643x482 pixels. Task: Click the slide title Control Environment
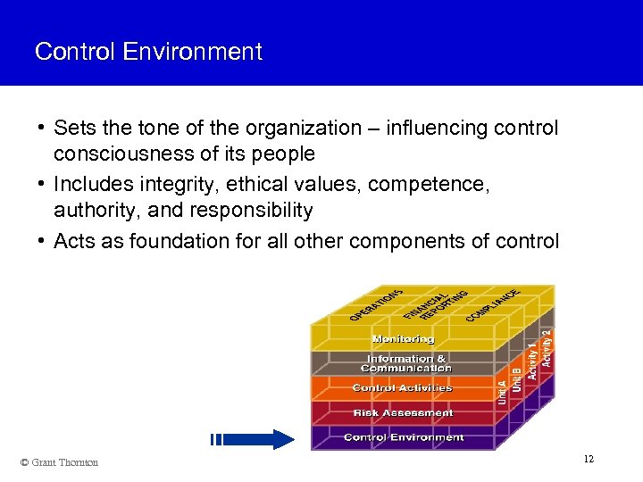pos(148,52)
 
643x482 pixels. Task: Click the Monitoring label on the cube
pos(403,339)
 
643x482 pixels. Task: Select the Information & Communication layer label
pos(405,363)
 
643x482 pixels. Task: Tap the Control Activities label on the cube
pos(403,388)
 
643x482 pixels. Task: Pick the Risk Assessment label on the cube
pos(403,413)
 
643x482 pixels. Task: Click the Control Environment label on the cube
pos(404,437)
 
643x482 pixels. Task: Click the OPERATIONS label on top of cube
pos(376,304)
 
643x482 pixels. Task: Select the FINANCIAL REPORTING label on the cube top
pos(435,303)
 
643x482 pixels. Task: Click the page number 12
pos(588,459)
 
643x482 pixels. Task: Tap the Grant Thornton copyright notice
pos(59,462)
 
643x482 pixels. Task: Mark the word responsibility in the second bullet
pos(252,211)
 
